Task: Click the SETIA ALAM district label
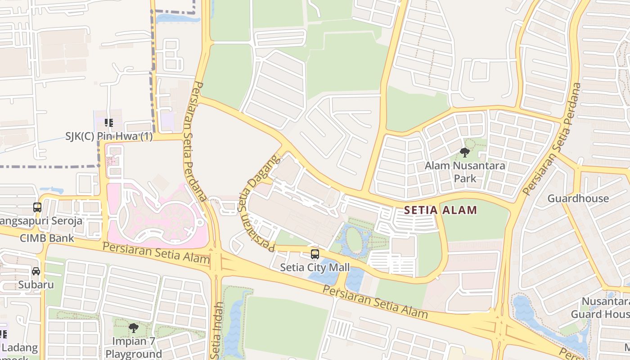[440, 210]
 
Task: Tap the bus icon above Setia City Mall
[315, 254]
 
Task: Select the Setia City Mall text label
[315, 268]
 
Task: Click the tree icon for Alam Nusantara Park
[465, 153]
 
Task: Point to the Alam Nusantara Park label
[465, 172]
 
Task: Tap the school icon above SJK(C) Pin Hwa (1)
[108, 122]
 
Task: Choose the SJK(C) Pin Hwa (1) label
[109, 136]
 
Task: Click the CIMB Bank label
[47, 238]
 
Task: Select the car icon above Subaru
[36, 271]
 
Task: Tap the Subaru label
[36, 285]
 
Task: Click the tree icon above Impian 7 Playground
[133, 328]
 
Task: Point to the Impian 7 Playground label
[133, 347]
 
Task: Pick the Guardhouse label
[578, 198]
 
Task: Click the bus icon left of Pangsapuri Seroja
[37, 207]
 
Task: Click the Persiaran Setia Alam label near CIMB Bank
[156, 253]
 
